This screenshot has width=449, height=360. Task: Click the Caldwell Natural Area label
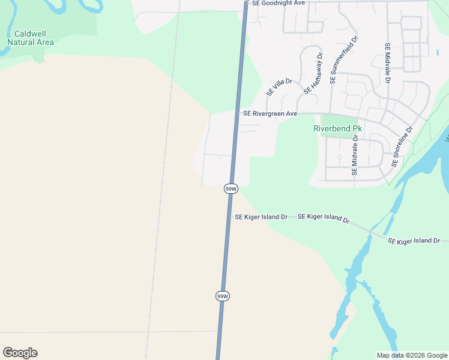(30, 38)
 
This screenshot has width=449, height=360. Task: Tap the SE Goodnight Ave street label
(279, 3)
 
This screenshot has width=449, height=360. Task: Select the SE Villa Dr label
(279, 87)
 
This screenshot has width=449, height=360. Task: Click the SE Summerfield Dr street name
(344, 62)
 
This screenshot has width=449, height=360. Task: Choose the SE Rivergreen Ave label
(270, 113)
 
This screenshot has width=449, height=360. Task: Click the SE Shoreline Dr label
(402, 146)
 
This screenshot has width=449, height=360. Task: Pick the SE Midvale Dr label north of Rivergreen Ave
(388, 63)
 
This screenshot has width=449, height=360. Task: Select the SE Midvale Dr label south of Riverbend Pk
(354, 155)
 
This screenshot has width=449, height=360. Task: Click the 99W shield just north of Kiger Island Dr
(231, 189)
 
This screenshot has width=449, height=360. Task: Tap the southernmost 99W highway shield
(223, 296)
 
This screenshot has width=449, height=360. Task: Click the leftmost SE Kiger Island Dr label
(261, 217)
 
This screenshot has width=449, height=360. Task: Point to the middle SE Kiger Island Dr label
(324, 218)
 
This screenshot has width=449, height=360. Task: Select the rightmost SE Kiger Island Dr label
(418, 241)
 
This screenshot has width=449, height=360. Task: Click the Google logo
(20, 353)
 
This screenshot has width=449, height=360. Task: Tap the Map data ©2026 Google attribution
(411, 355)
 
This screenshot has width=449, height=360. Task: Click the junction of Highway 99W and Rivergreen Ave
(239, 113)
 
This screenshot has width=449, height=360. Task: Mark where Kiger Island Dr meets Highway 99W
(229, 217)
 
